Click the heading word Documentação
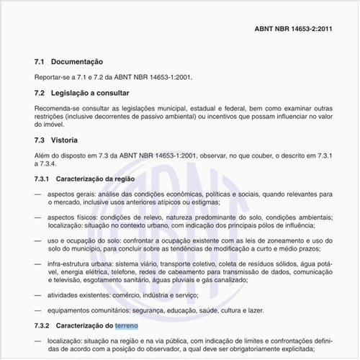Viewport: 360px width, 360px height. point(80,63)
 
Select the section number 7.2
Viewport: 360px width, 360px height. point(40,94)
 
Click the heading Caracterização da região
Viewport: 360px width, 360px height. point(101,178)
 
